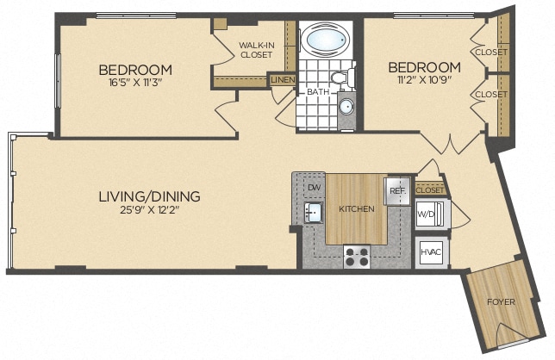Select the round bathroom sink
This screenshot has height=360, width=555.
[345, 108]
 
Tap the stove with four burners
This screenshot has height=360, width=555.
[357, 256]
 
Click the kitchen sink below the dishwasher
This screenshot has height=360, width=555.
[313, 211]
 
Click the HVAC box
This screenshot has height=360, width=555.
[430, 252]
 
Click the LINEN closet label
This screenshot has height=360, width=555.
[283, 80]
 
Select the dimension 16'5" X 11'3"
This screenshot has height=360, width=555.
[134, 84]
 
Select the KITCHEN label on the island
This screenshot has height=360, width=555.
[355, 209]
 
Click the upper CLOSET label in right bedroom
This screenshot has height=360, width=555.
[490, 52]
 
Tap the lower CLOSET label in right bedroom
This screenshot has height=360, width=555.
[490, 94]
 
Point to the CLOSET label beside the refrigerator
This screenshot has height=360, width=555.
[428, 189]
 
